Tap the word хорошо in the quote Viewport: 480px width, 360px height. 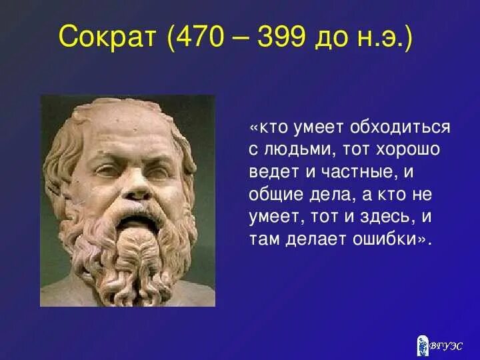[x=407, y=150]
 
